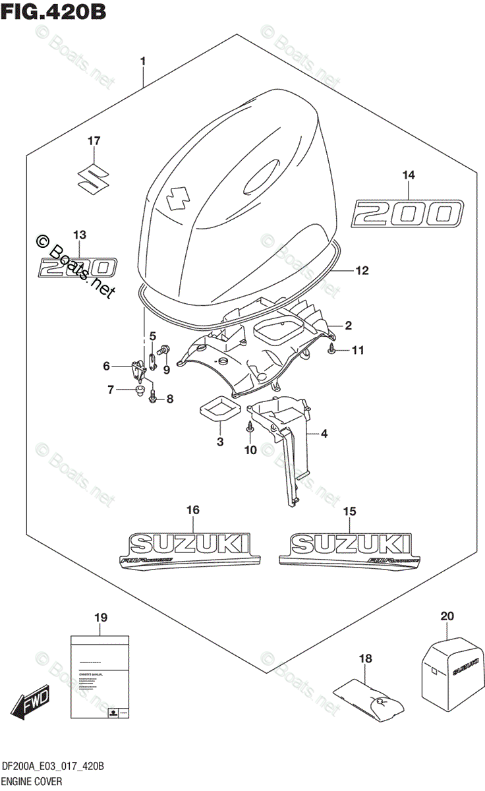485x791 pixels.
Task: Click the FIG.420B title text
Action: tap(55, 13)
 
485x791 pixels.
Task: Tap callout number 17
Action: tap(94, 140)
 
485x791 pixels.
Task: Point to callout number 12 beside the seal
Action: tap(362, 270)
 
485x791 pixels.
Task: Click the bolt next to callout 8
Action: tap(153, 397)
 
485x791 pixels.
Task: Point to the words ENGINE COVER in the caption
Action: tap(34, 781)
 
